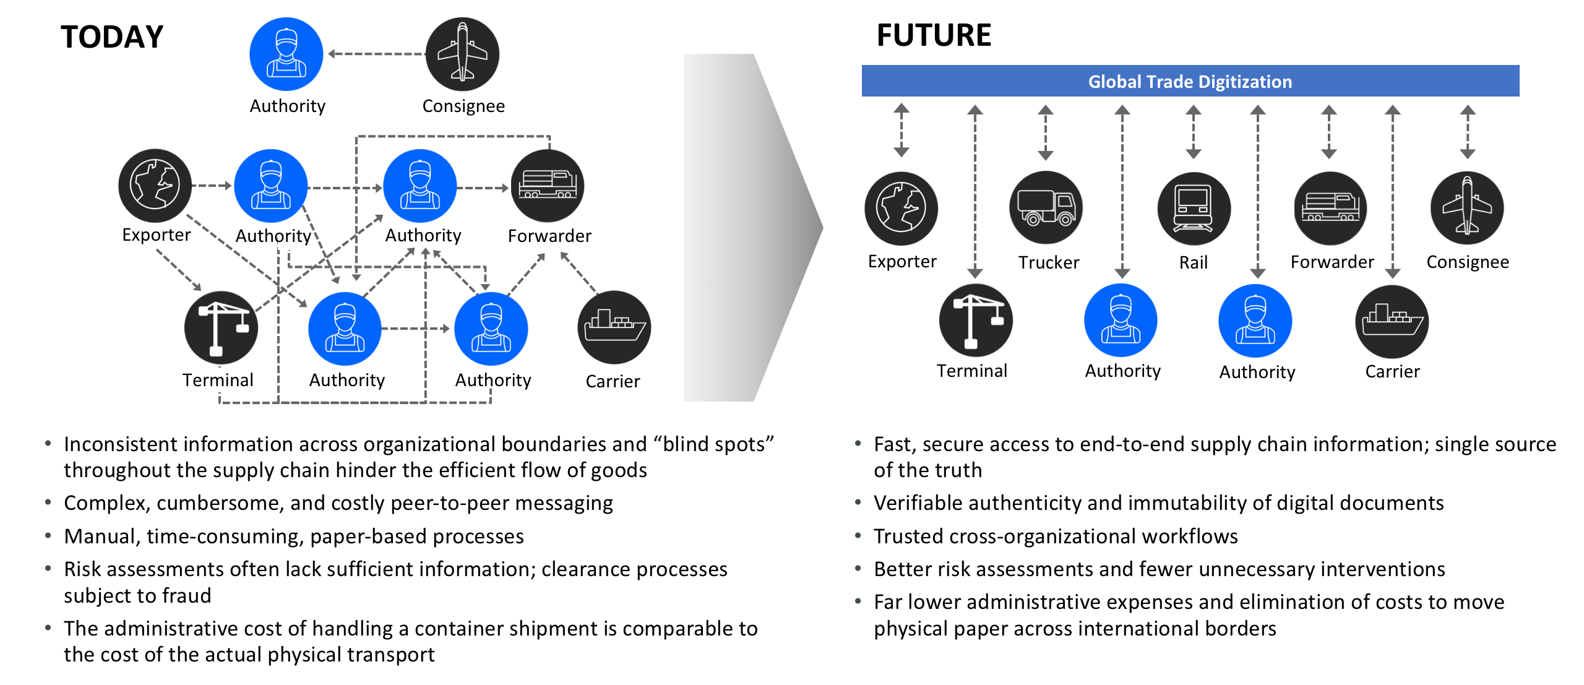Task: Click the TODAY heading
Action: click(112, 37)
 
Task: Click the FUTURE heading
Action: click(933, 35)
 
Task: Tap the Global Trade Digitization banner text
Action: click(1189, 82)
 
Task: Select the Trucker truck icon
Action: click(1046, 208)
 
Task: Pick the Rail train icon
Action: click(1194, 209)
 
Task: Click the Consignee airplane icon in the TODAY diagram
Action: click(462, 54)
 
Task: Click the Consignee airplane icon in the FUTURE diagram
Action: click(1466, 208)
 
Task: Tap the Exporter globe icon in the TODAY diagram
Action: click(155, 185)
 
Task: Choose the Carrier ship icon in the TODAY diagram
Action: click(614, 327)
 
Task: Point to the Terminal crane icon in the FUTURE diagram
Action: click(975, 321)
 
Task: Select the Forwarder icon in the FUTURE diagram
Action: click(1330, 208)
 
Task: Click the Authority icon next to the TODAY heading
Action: click(286, 54)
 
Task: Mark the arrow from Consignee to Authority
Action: click(376, 54)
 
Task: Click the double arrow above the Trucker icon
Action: click(1046, 132)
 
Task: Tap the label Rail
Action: click(1193, 263)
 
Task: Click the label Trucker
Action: click(1049, 263)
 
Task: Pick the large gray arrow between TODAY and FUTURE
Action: click(752, 228)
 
